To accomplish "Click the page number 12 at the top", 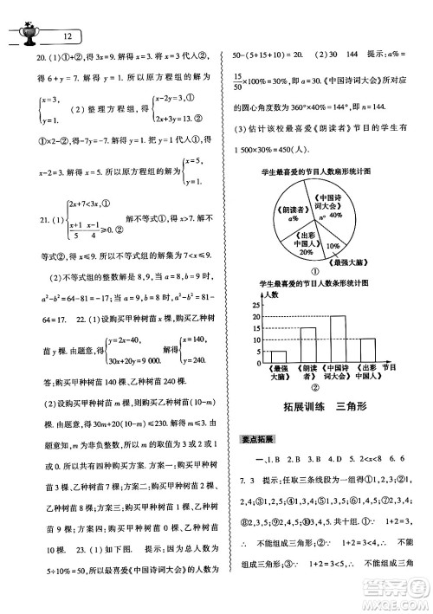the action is pos(67,36).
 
